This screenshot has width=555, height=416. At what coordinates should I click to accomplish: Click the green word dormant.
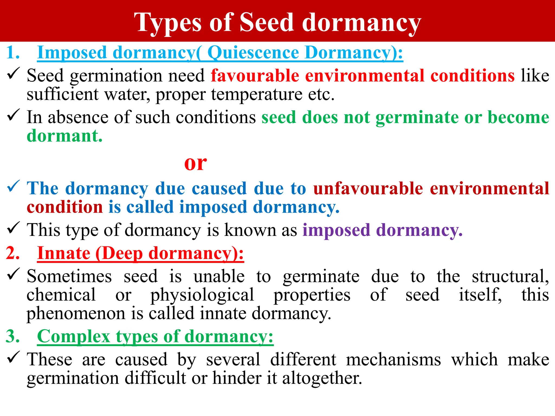64,136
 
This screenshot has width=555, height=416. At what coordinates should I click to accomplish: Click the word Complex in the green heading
73,336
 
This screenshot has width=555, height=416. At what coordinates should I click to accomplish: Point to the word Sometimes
69,277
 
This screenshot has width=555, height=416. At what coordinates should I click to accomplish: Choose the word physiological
202,295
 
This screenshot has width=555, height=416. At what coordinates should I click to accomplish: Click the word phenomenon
76,314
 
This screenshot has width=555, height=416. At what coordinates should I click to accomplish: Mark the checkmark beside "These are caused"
13,357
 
